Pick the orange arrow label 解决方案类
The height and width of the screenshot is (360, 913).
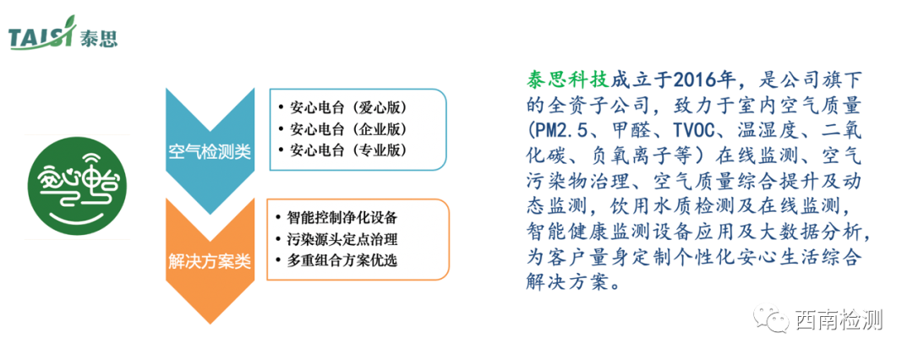[x=209, y=260]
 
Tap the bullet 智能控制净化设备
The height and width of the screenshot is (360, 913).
[x=342, y=218]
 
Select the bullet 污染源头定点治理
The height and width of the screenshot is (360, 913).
[x=342, y=239]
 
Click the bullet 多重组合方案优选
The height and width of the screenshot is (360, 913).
[x=342, y=260]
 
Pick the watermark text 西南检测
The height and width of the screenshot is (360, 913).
[x=839, y=320]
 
